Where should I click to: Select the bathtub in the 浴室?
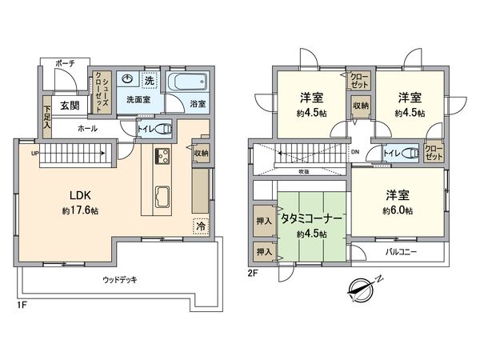[187, 83]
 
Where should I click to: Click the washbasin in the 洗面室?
[126, 80]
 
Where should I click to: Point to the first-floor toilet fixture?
[163, 130]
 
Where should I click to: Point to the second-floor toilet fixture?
[409, 153]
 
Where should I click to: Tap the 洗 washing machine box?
[149, 79]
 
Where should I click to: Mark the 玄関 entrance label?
[68, 106]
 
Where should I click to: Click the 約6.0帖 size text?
[395, 210]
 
